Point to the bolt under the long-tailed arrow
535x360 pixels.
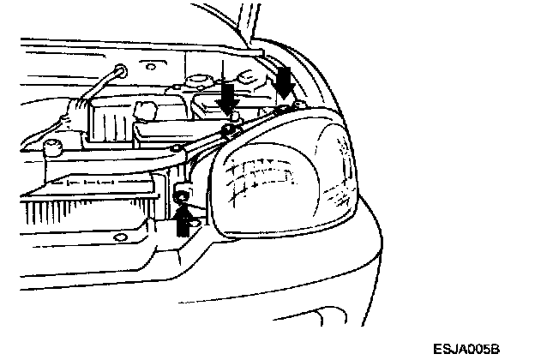(228, 129)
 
